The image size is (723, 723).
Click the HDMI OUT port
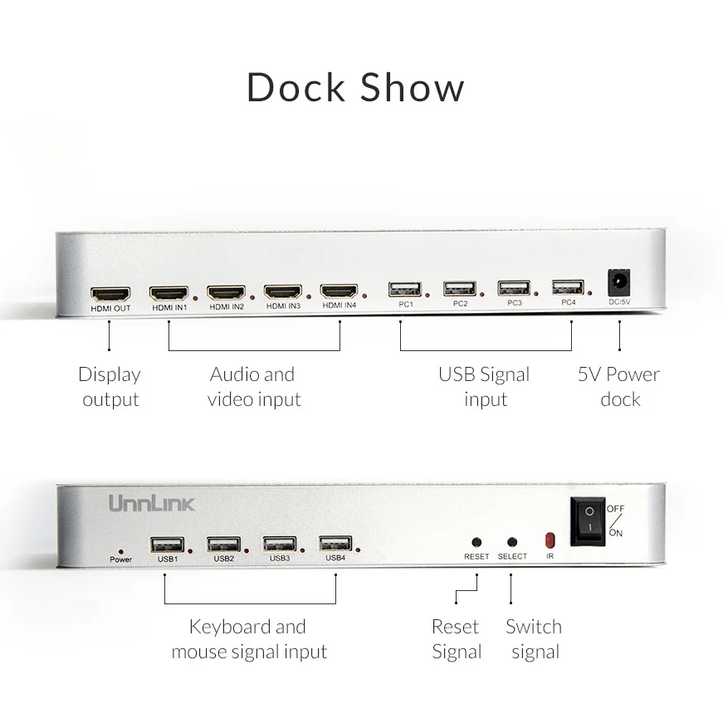[110, 294]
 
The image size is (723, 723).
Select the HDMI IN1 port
[169, 293]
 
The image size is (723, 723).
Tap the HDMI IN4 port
[339, 291]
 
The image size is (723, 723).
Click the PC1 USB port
[404, 290]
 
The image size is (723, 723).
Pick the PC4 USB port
[568, 288]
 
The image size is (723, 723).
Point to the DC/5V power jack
[619, 283]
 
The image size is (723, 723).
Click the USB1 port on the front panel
[166, 545]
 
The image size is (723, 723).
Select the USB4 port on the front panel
[335, 544]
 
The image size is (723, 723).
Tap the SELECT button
[511, 541]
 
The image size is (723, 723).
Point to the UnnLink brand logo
[151, 503]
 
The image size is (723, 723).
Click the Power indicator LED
[120, 550]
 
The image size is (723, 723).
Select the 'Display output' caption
[110, 387]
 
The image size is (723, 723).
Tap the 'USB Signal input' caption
[484, 387]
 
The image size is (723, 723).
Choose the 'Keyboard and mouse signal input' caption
[249, 639]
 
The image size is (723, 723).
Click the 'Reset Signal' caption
[457, 639]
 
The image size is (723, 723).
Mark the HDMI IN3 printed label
[283, 306]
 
